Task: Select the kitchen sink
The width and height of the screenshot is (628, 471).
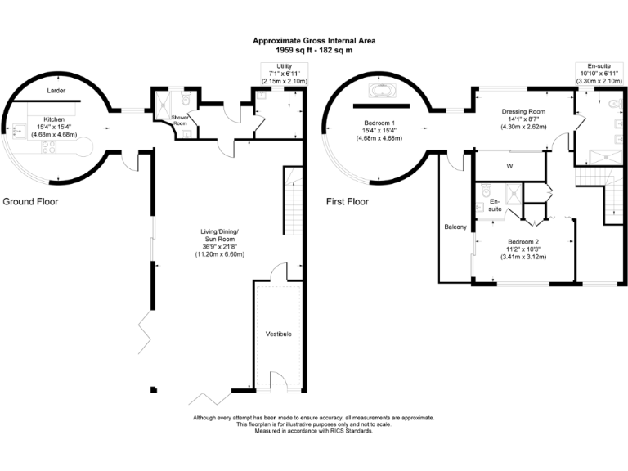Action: point(16,129)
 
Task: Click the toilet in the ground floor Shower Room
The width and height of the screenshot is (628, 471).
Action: point(186,100)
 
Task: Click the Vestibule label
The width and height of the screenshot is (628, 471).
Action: point(279,334)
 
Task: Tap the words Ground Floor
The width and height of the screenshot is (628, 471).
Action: point(30,201)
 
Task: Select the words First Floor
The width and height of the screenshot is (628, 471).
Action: point(347,201)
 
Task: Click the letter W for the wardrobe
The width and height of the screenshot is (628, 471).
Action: point(509,166)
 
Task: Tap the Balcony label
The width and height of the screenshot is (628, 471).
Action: point(455,227)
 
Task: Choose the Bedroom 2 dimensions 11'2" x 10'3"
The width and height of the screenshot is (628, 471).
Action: point(523,249)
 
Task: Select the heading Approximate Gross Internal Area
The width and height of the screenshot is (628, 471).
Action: point(314,40)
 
